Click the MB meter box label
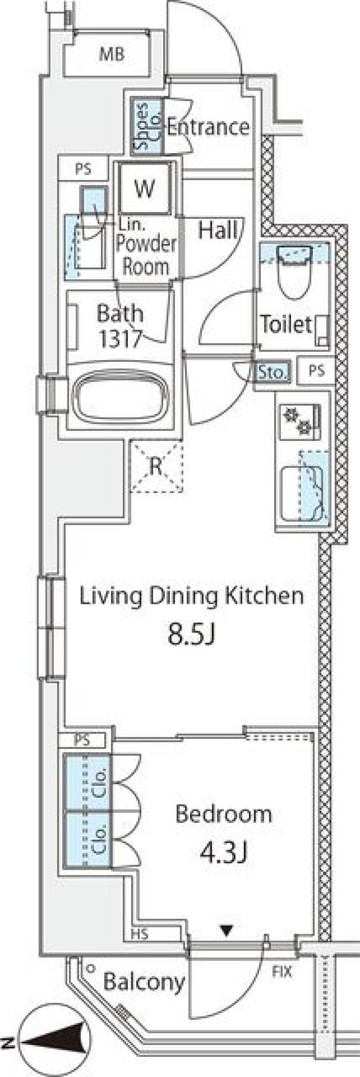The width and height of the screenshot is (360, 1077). point(112,55)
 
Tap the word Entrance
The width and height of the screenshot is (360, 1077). point(208,127)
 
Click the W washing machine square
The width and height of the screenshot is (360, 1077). point(145,188)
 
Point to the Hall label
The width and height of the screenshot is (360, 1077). point(218,229)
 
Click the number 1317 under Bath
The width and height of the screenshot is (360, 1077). point(120,339)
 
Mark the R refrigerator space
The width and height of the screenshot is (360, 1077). point(156,466)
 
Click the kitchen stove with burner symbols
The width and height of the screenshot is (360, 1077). point(299,421)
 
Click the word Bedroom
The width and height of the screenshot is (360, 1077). point(224,813)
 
